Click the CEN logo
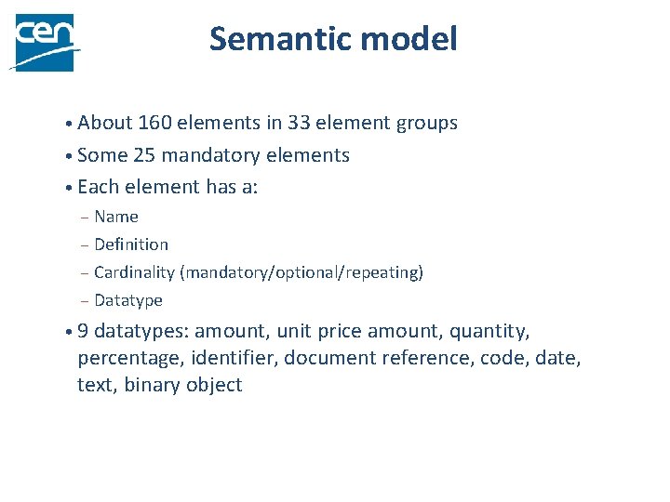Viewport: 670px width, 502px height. [42, 42]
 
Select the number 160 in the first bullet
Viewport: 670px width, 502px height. [154, 123]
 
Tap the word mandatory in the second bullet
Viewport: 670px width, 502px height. [213, 156]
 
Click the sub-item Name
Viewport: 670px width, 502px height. [116, 217]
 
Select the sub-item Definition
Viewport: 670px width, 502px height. [131, 244]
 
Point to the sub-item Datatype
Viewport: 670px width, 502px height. [128, 300]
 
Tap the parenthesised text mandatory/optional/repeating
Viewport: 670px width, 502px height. [301, 273]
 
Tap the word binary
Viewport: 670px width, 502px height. [154, 386]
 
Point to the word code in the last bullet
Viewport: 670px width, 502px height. [501, 358]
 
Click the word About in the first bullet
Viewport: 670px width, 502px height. [104, 123]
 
